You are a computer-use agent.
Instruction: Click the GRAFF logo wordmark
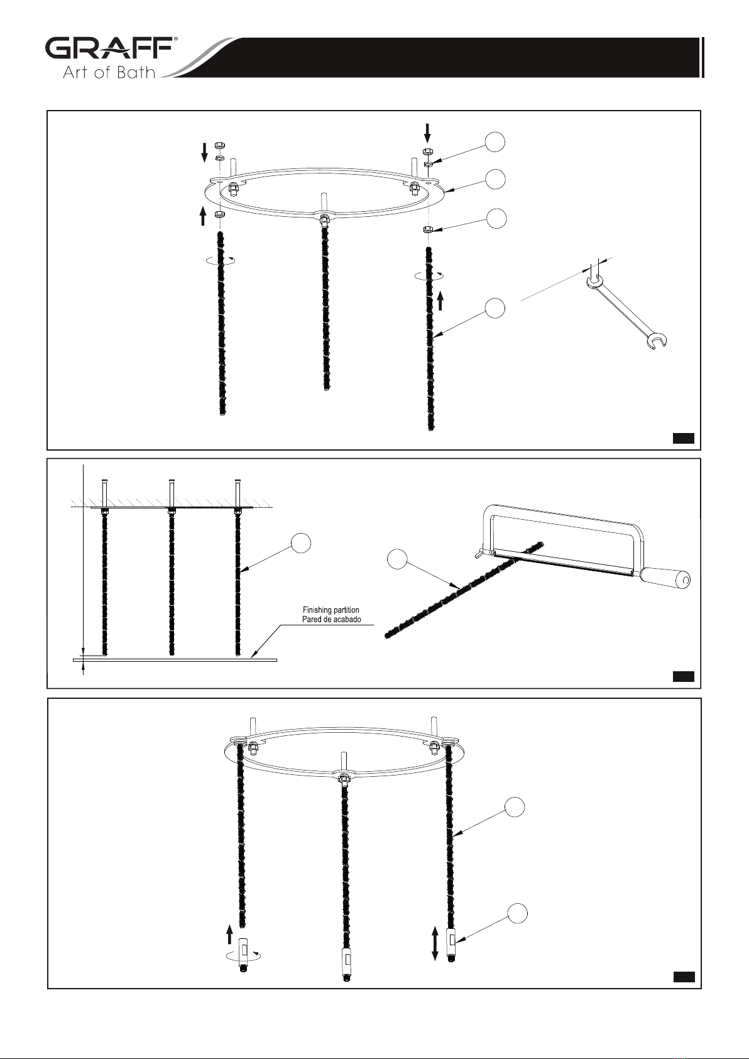111,48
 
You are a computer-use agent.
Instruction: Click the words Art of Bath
109,72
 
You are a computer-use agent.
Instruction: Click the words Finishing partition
331,610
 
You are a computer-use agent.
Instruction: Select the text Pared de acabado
331,619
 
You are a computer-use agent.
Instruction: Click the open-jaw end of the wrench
657,342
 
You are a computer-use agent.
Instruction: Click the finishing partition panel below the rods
175,659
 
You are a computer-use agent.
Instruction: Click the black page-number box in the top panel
683,438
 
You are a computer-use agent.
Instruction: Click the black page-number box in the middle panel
683,676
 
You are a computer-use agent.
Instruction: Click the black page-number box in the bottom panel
684,977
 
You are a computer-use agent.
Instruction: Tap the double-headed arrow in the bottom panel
435,945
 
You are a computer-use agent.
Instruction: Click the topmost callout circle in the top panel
495,142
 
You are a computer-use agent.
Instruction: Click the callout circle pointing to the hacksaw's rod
397,559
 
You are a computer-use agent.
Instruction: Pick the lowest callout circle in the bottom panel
517,913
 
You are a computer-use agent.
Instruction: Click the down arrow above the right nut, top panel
428,133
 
